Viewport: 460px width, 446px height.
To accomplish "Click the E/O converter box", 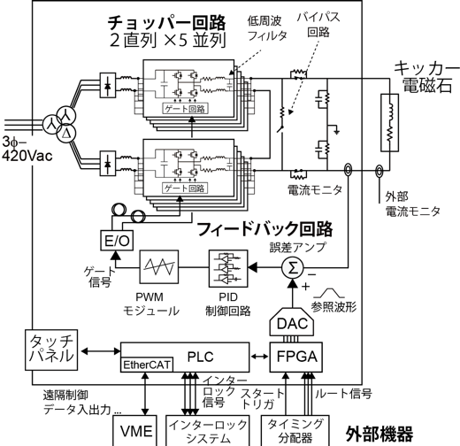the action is point(117,241).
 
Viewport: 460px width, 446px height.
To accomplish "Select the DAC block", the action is point(292,323).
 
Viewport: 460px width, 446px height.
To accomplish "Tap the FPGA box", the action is point(296,357).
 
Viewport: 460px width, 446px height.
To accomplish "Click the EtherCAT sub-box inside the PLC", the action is point(147,365).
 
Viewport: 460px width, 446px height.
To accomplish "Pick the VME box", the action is point(135,431).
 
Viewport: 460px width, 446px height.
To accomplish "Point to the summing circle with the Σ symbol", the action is point(292,268).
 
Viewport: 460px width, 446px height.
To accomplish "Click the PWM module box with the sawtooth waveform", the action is point(159,266).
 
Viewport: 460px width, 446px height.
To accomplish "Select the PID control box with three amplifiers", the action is point(228,268).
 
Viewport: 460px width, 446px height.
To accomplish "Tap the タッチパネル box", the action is point(51,350).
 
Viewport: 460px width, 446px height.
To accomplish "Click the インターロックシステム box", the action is point(208,431).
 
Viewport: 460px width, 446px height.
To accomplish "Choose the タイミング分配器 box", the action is point(295,431).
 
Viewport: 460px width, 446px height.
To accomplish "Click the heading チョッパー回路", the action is point(166,23).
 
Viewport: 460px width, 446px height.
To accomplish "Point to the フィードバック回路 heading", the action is point(264,229).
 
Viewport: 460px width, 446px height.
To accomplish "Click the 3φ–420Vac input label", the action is point(27,149).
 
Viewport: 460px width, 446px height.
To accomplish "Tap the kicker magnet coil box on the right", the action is point(389,123).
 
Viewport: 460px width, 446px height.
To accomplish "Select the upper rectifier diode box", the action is point(108,85).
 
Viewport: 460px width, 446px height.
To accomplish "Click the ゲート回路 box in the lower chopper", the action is point(185,188).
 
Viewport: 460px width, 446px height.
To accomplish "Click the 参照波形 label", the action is point(333,307).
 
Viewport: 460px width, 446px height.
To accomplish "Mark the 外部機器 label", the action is point(379,433).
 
